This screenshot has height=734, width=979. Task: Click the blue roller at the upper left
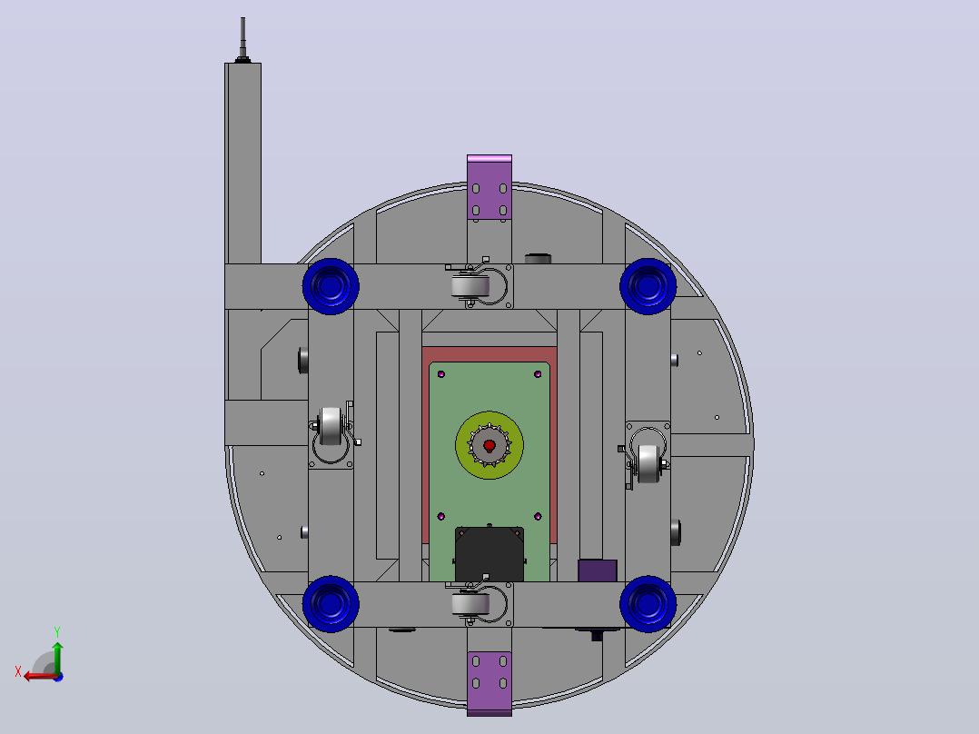pos(331,286)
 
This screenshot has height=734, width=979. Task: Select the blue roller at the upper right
pos(648,286)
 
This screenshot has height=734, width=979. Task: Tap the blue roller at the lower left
pos(331,604)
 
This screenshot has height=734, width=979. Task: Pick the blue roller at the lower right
pos(648,604)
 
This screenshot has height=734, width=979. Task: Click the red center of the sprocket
pos(489,445)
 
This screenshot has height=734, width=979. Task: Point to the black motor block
pos(489,554)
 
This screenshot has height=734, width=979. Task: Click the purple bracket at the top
pos(489,187)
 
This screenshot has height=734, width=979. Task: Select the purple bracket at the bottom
pos(489,684)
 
